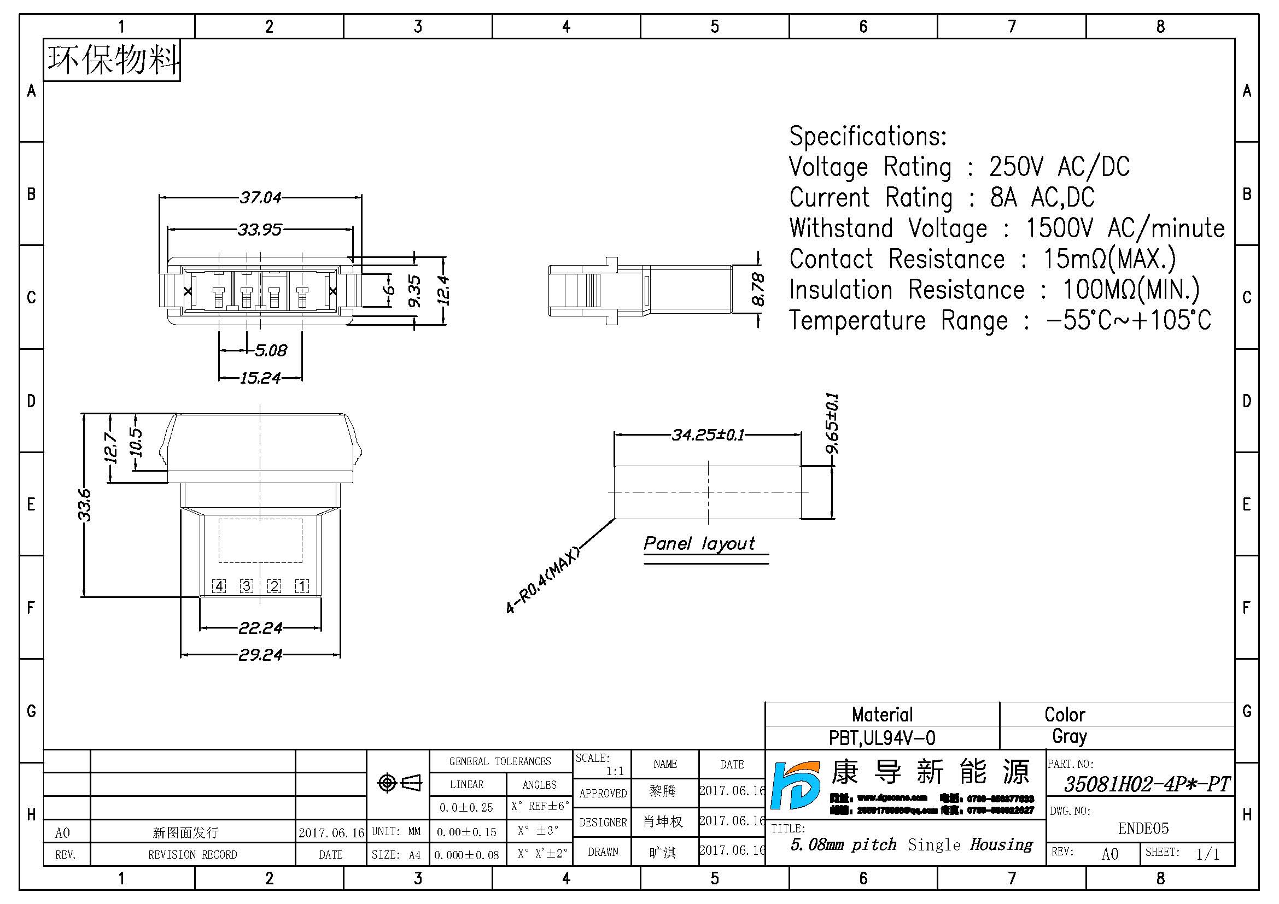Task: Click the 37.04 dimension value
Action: click(260, 198)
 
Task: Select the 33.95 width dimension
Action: click(260, 230)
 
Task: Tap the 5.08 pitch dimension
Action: click(271, 351)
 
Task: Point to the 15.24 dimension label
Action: click(260, 379)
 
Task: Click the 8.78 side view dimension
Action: click(758, 290)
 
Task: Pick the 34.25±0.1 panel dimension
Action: click(708, 435)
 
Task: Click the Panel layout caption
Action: click(699, 543)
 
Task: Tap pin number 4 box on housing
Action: click(219, 585)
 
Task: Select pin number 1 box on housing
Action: click(302, 585)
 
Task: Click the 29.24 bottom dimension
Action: click(260, 655)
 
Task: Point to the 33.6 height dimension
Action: click(84, 505)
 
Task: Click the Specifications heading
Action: click(867, 137)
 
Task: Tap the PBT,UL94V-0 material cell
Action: click(882, 738)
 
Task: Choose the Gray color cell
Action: click(1069, 736)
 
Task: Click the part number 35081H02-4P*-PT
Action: click(1147, 784)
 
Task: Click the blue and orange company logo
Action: click(796, 785)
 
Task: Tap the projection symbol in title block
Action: click(399, 783)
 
